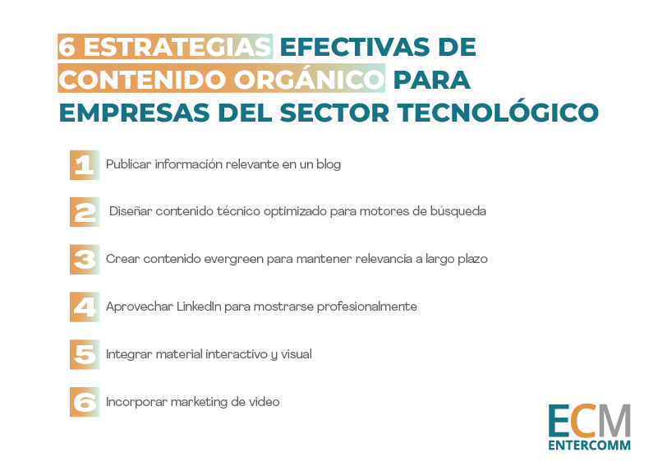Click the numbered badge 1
pos(85,165)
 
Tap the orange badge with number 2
pos(85,212)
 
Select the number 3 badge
pos(85,260)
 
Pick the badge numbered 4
pos(85,307)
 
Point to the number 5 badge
pos(85,354)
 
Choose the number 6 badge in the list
pos(85,402)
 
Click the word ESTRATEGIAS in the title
pos(177,47)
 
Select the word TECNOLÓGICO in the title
pos(498,112)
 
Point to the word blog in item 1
pos(329,164)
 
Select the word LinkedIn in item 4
pos(199,306)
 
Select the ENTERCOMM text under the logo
pos(589,445)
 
